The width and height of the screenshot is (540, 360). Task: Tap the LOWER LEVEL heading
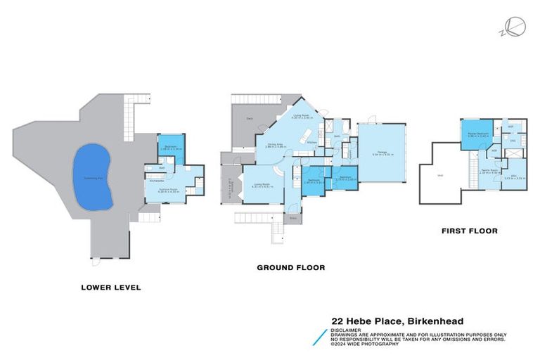(x=111, y=287)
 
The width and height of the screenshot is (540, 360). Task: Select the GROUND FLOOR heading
(x=290, y=267)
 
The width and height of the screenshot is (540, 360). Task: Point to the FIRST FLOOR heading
(x=469, y=231)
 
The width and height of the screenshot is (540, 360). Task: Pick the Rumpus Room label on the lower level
(x=167, y=189)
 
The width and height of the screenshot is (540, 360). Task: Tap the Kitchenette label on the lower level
(x=157, y=180)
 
